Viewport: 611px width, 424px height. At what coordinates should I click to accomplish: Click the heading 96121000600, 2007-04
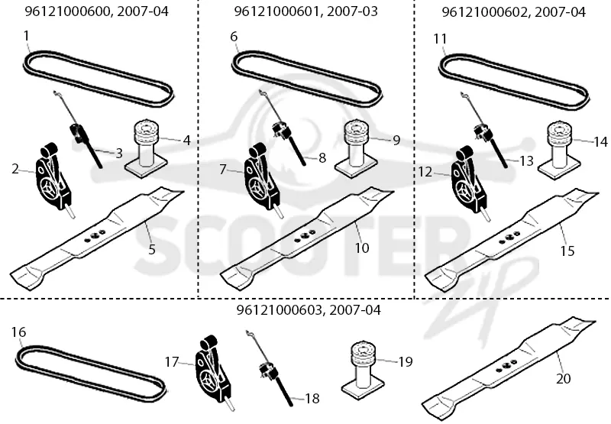point(97,11)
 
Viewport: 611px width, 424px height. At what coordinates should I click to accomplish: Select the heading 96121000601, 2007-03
point(306,11)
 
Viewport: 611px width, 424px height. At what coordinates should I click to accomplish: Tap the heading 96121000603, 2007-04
point(309,310)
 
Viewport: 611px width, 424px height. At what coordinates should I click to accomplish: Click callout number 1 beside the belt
point(27,36)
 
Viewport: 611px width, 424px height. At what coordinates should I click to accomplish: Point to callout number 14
point(600,142)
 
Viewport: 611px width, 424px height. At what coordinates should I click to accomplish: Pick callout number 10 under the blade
point(362,248)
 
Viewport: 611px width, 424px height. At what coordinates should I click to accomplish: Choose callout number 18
point(312,398)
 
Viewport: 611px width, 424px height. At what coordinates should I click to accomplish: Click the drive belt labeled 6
point(306,79)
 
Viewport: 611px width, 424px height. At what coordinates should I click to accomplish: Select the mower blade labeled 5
point(97,238)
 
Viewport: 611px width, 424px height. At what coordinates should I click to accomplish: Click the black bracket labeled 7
point(261,177)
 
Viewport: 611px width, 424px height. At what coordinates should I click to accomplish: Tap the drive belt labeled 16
point(92,374)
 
